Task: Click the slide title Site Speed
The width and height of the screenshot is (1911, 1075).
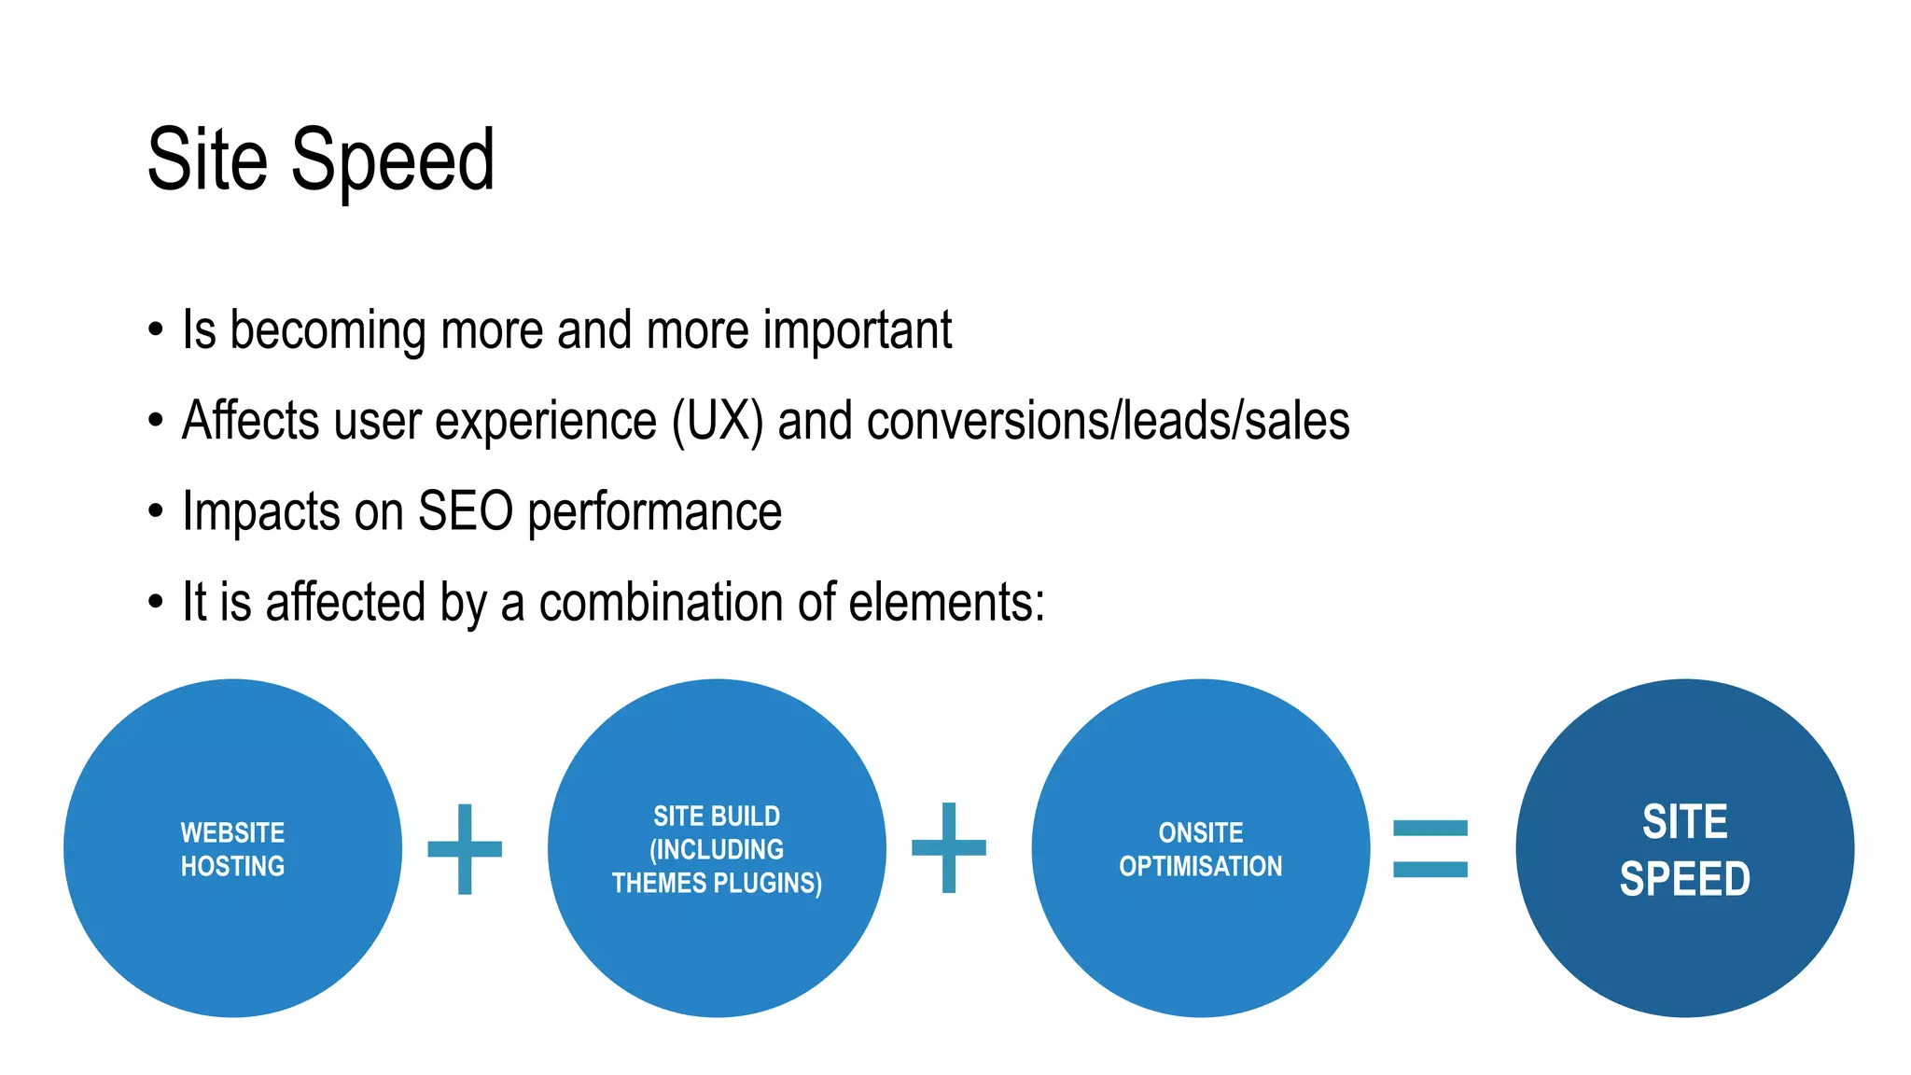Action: [x=320, y=161]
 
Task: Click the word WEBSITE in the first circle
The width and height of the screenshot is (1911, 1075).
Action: [x=232, y=832]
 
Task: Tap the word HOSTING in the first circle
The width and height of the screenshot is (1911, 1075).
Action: [x=232, y=867]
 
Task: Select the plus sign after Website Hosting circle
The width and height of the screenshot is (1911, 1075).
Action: [x=465, y=849]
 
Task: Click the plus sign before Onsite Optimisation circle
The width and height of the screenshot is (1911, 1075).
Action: [x=949, y=847]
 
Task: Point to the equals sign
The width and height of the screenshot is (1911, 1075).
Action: [x=1430, y=848]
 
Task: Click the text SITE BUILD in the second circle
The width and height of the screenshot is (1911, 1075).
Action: [x=717, y=817]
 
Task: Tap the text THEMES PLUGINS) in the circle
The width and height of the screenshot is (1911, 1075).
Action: [x=717, y=883]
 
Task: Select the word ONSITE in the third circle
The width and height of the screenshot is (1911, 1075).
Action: [x=1201, y=832]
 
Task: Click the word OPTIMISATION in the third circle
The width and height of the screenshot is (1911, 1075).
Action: [x=1201, y=867]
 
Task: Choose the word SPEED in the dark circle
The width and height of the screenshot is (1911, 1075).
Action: [x=1684, y=879]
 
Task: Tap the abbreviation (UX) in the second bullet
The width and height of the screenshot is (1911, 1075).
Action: [x=718, y=422]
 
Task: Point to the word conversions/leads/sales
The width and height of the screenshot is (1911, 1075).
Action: [x=1108, y=422]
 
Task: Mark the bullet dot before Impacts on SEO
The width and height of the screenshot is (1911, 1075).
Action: [x=156, y=511]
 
